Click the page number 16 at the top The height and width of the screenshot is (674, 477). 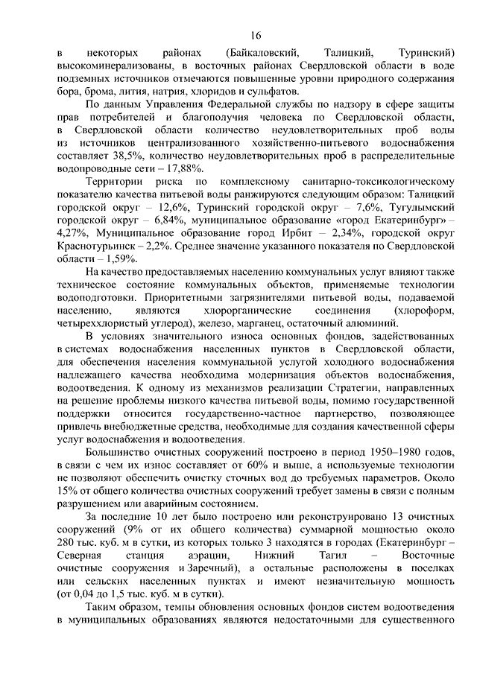[x=256, y=34]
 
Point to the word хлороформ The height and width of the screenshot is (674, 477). [x=426, y=311]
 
